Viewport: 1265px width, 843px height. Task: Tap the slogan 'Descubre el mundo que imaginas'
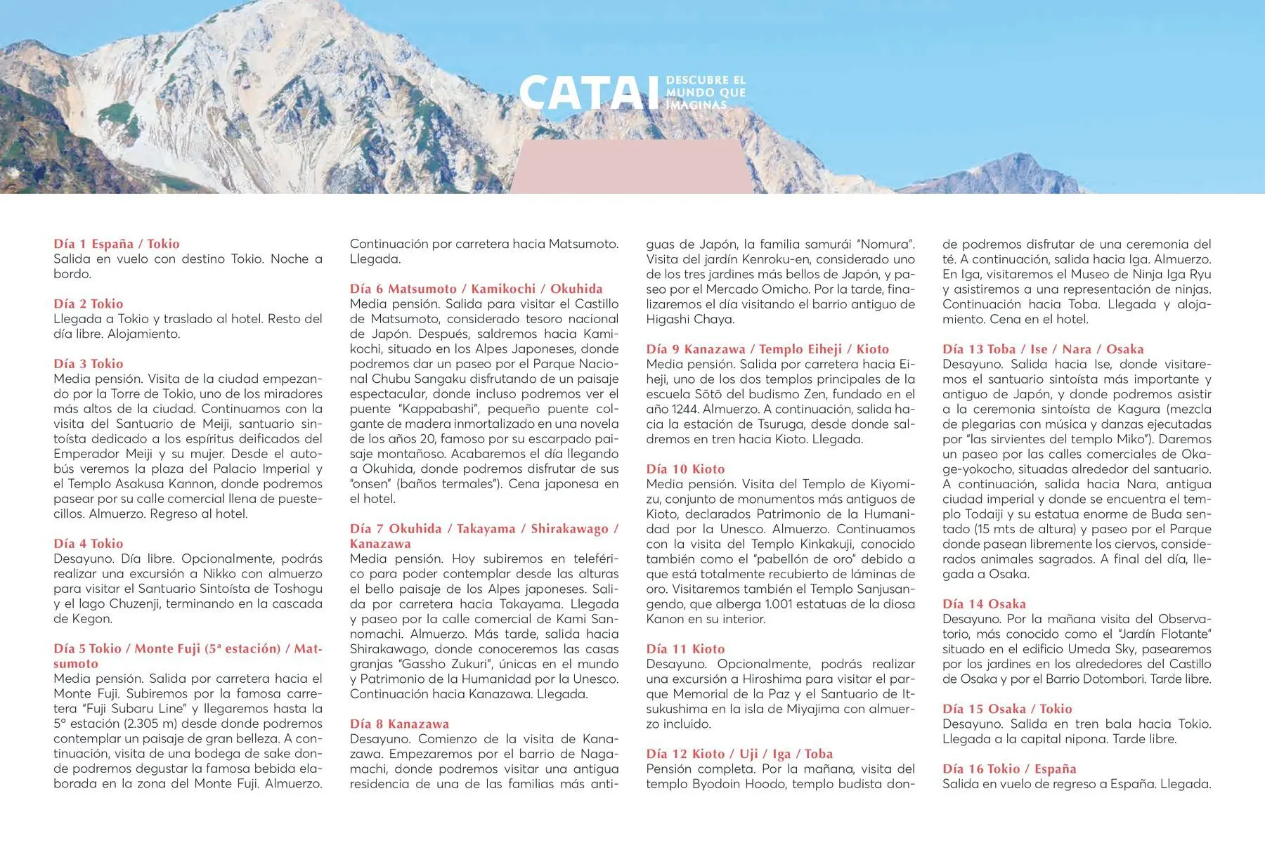(x=706, y=93)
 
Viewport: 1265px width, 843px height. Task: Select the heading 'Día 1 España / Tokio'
(x=117, y=244)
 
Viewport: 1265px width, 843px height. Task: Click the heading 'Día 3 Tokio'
(x=89, y=364)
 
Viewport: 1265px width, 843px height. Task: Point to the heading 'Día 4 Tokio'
(x=89, y=544)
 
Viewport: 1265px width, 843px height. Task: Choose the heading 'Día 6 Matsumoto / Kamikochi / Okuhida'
(x=476, y=289)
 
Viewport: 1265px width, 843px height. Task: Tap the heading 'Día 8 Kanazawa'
(x=399, y=724)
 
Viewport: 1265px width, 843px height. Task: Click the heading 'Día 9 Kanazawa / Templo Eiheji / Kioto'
(x=767, y=349)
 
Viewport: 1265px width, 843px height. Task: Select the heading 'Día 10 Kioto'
(x=685, y=469)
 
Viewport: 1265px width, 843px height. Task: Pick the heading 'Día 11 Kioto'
(x=685, y=649)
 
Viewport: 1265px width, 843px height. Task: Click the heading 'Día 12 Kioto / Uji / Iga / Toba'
(x=739, y=754)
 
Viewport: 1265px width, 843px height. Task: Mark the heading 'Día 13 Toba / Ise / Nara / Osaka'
(x=1043, y=349)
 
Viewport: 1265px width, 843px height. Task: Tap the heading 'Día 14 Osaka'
(x=984, y=604)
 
